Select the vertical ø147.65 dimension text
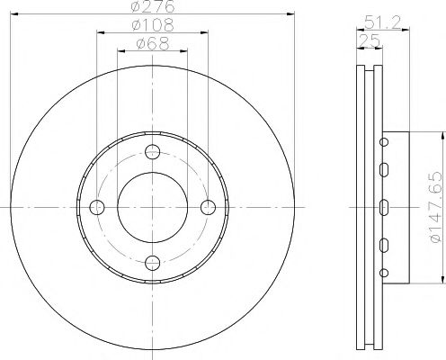point(435,207)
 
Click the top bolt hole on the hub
point(152,151)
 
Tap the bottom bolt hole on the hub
point(152,262)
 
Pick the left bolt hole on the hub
point(97,207)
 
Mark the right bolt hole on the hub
point(208,207)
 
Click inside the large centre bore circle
point(152,207)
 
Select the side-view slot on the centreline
point(385,207)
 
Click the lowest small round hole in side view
point(385,274)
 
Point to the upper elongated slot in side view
point(385,169)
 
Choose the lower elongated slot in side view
point(385,244)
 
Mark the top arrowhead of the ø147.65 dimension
point(442,136)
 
